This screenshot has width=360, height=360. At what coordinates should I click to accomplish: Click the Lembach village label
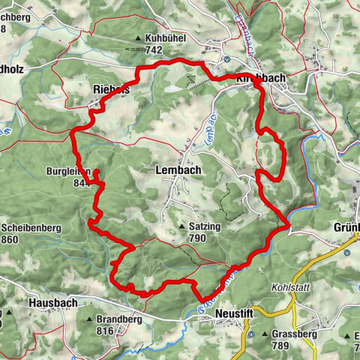tap(178, 170)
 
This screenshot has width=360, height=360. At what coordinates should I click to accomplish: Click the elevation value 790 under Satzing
tap(197, 238)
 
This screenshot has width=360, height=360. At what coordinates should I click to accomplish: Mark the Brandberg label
tap(118, 319)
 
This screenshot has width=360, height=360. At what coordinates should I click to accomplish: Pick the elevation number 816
tap(104, 331)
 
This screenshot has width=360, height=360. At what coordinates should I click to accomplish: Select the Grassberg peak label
tap(290, 334)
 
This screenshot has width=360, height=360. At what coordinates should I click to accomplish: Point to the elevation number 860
tap(10, 240)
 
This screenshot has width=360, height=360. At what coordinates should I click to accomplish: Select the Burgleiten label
tap(70, 170)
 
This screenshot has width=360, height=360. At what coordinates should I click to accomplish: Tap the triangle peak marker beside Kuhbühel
tap(138, 37)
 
